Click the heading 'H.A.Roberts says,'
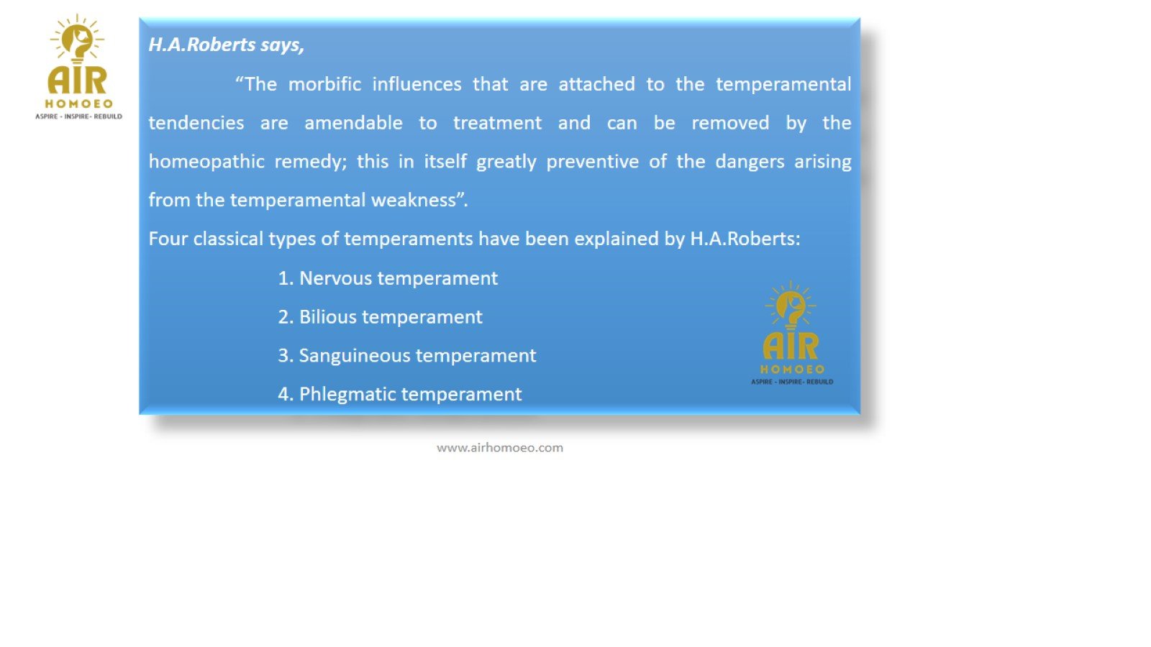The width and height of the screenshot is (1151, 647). (x=226, y=45)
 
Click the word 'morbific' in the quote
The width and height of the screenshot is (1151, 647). (x=324, y=84)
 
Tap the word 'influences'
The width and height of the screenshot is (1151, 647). (x=417, y=84)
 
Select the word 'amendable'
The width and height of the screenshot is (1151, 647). (x=353, y=123)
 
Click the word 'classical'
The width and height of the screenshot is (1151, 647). (x=228, y=239)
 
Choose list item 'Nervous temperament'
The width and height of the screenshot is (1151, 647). (x=388, y=279)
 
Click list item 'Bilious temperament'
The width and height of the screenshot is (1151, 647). (x=381, y=317)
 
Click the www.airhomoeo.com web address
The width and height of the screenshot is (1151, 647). (x=500, y=448)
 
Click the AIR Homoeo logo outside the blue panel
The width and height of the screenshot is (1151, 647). (x=78, y=67)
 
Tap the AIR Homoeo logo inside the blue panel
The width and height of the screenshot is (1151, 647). (x=792, y=333)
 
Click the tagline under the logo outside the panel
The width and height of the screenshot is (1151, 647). (x=78, y=116)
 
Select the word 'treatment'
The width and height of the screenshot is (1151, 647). (x=497, y=123)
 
